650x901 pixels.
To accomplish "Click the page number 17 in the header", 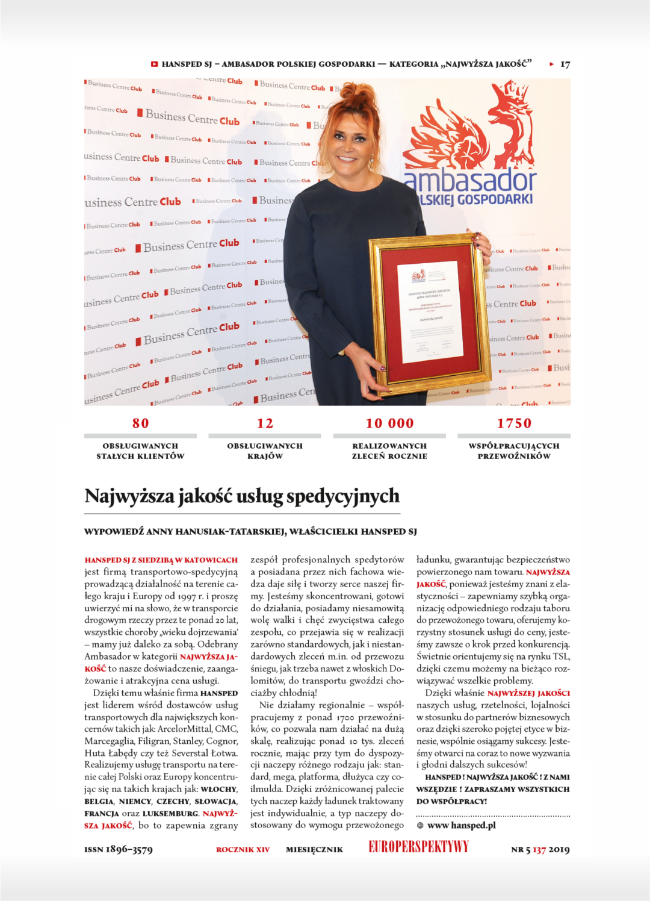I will click(x=565, y=64).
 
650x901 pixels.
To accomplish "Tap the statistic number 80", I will click(x=141, y=423).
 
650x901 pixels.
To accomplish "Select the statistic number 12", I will click(x=265, y=423).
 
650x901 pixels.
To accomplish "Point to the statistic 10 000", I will click(x=389, y=423).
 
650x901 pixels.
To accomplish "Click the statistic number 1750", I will click(x=514, y=423).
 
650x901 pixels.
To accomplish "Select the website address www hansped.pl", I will click(x=461, y=825).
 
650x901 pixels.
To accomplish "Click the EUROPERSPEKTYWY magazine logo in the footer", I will click(x=418, y=847).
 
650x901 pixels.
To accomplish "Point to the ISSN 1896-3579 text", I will click(x=119, y=849).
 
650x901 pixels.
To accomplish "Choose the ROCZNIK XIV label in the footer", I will click(x=243, y=850).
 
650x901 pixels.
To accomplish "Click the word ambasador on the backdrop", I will click(x=469, y=180).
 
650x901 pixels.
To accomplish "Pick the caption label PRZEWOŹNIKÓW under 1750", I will click(x=514, y=456).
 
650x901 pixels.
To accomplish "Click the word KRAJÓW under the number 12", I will click(x=265, y=456).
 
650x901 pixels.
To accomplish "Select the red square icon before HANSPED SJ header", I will click(x=154, y=64).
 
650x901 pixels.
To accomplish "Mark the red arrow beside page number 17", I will click(x=551, y=64).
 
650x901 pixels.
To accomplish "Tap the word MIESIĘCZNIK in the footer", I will click(x=314, y=850).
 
